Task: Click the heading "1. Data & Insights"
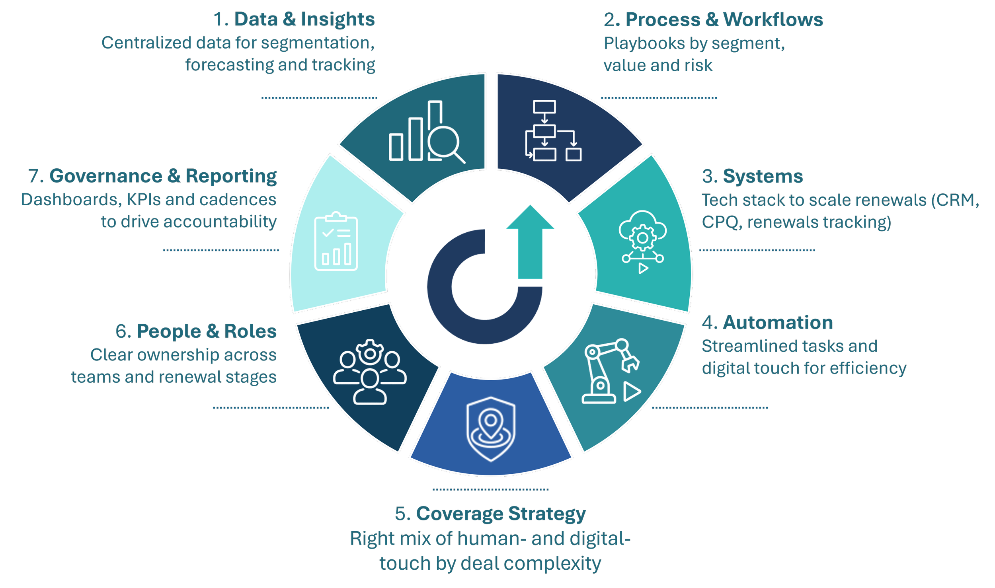(294, 19)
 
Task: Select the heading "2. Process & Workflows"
(713, 20)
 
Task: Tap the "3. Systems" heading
(752, 176)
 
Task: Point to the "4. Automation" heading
(767, 323)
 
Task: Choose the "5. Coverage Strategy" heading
(490, 514)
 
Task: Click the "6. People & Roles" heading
(196, 331)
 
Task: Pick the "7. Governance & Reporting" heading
(152, 176)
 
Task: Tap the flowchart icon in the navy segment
(553, 131)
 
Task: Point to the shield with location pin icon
(491, 429)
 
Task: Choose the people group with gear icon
(370, 372)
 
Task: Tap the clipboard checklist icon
(336, 241)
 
